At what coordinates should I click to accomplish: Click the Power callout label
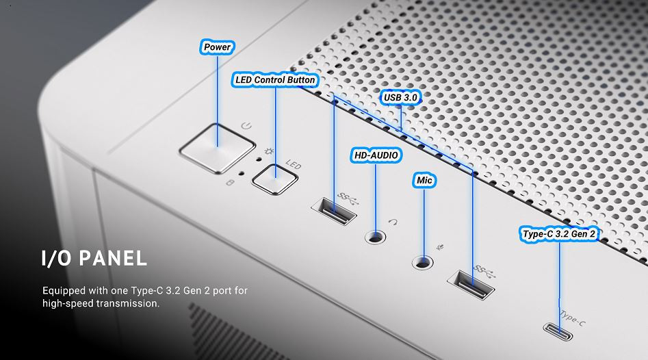[x=218, y=47]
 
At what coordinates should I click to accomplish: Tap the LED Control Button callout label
[x=275, y=80]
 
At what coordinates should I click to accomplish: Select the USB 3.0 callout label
[x=400, y=98]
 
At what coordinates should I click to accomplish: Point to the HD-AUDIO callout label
[x=376, y=155]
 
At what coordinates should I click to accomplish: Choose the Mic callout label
[x=424, y=180]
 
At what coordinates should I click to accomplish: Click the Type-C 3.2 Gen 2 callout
[x=559, y=234]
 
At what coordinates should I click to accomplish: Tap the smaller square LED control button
[x=275, y=179]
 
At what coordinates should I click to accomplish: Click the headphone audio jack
[x=376, y=237]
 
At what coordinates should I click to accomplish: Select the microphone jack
[x=423, y=262]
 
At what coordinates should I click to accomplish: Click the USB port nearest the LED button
[x=334, y=211]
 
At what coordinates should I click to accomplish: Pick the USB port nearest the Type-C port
[x=471, y=284]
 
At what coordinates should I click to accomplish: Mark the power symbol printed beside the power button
[x=246, y=125]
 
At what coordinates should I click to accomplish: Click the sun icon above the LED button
[x=270, y=152]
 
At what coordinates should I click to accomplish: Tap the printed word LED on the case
[x=294, y=165]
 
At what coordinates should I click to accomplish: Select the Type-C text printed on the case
[x=573, y=317]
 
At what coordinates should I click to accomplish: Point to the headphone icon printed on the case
[x=393, y=222]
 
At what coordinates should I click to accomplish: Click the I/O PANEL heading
[x=94, y=258]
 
